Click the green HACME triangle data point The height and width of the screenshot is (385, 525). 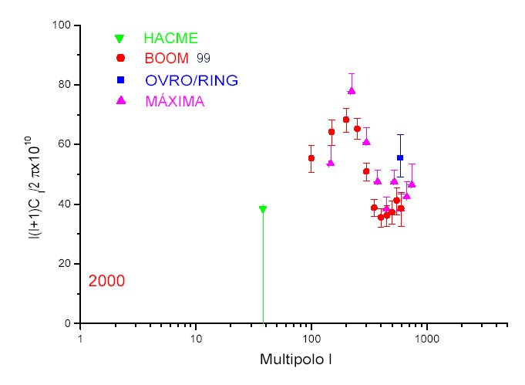tap(263, 209)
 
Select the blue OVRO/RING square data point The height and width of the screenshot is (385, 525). tap(400, 157)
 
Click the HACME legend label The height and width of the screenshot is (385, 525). tap(170, 38)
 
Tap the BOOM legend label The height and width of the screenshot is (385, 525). tap(166, 59)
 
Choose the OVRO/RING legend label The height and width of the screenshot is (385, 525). tap(191, 80)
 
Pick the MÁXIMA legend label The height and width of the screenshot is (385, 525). tap(174, 101)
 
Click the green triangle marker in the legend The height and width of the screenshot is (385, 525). tap(119, 38)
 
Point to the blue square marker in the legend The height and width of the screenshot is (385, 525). tap(120, 79)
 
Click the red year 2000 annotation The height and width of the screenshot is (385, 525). tap(106, 281)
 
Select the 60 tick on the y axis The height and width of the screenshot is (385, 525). tap(65, 144)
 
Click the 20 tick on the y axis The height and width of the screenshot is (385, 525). tap(65, 264)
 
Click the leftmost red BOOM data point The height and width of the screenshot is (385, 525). tap(311, 158)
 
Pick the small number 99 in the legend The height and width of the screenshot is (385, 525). tap(204, 59)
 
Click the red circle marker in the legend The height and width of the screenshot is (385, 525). tap(120, 59)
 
